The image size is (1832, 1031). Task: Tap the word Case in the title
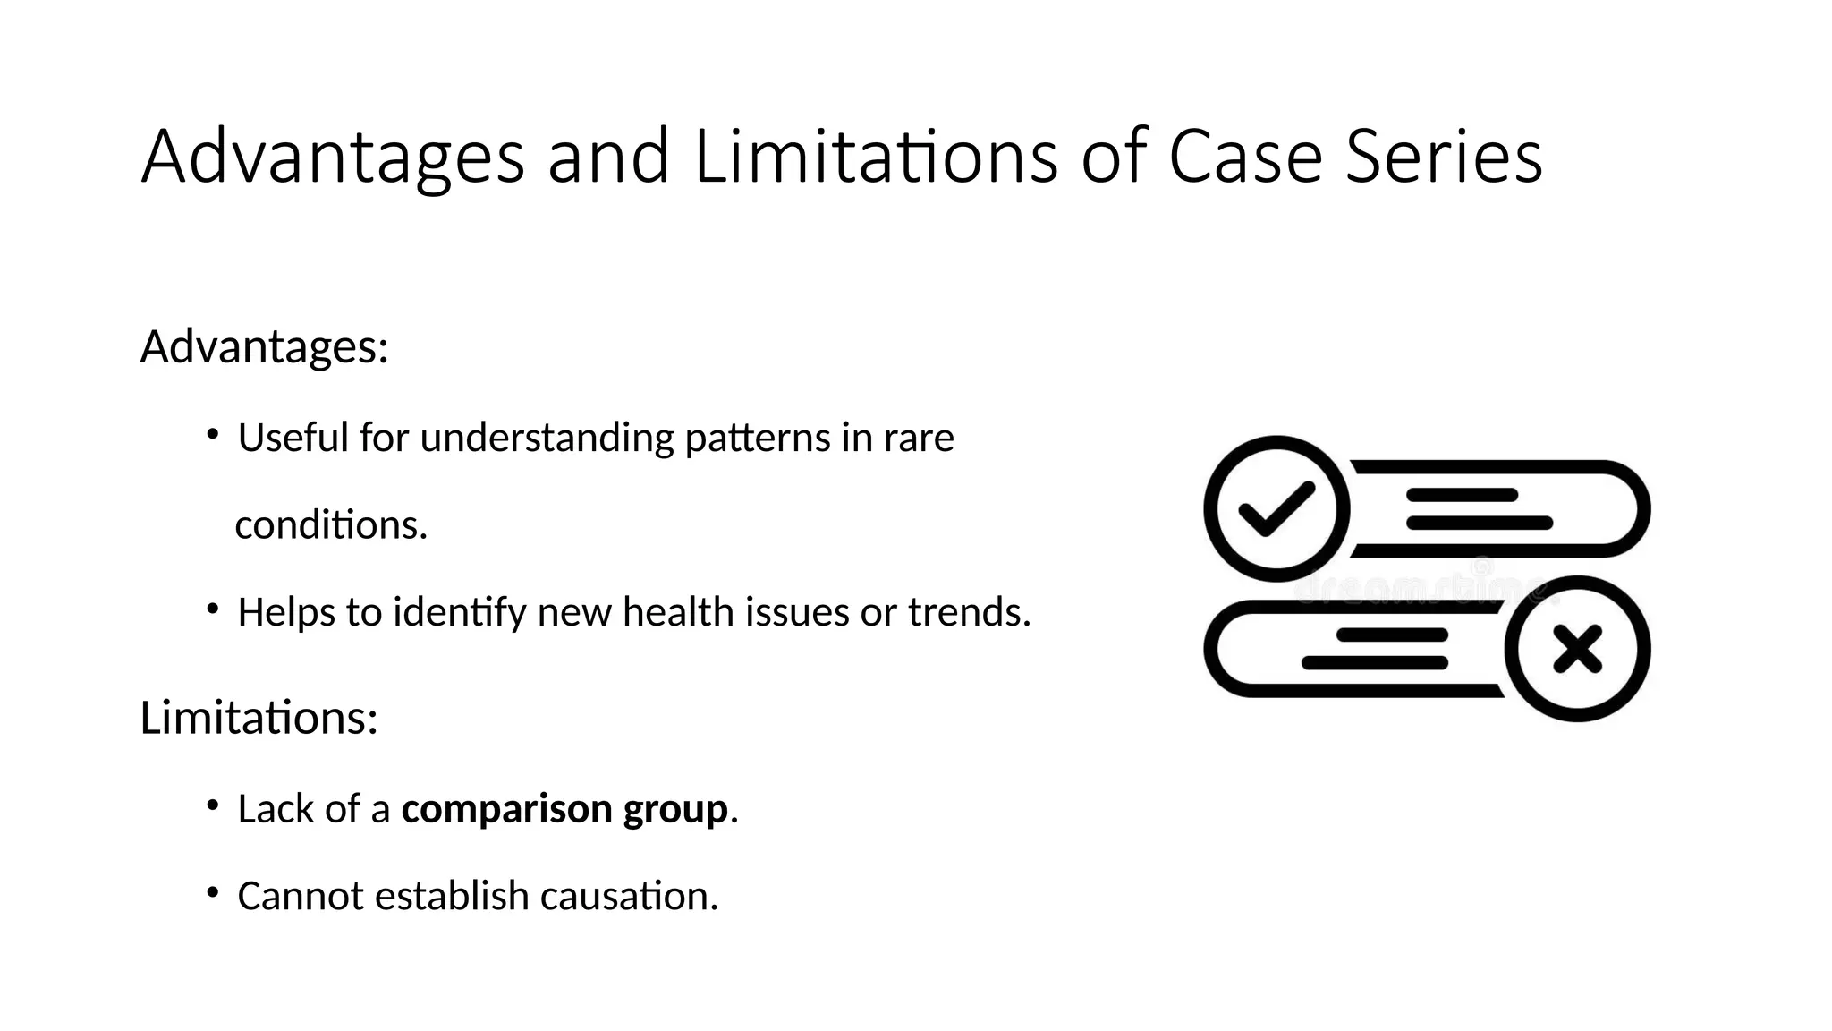pyautogui.click(x=1245, y=157)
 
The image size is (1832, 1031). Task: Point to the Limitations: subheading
pyautogui.click(x=259, y=718)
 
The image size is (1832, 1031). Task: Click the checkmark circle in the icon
pyautogui.click(x=1276, y=508)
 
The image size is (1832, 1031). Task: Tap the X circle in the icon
pyautogui.click(x=1577, y=649)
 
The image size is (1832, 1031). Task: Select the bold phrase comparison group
pyautogui.click(x=564, y=809)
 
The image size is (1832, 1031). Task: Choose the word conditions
pyautogui.click(x=331, y=525)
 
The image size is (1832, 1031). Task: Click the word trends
pyautogui.click(x=969, y=613)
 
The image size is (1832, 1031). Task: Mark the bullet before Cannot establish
pyautogui.click(x=212, y=893)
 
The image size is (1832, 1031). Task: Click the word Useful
pyautogui.click(x=293, y=439)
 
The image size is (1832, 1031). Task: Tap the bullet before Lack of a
pyautogui.click(x=212, y=806)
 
